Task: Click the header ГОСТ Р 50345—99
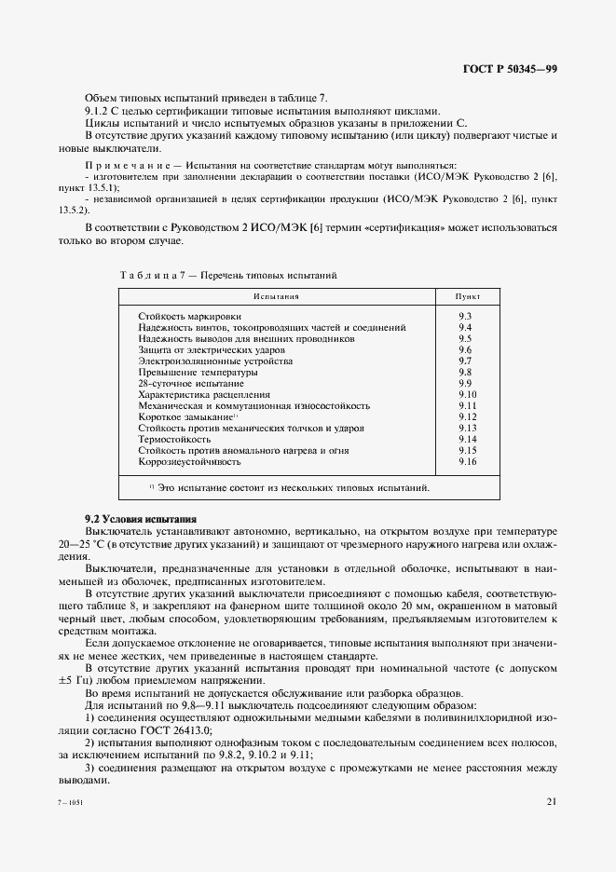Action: pos(510,71)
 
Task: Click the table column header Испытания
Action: pos(276,296)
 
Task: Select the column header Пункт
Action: pos(467,296)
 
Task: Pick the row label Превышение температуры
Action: pos(191,373)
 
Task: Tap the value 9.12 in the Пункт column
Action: pos(468,417)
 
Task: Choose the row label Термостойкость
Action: pos(174,440)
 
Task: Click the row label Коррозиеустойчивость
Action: pos(190,462)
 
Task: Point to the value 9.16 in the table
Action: pos(468,462)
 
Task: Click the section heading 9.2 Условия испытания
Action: pos(141,517)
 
